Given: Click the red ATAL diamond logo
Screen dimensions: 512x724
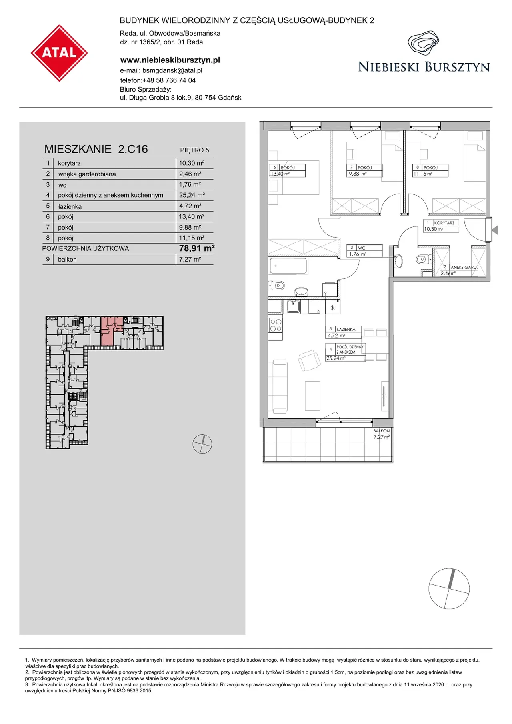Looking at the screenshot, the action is click(x=59, y=53).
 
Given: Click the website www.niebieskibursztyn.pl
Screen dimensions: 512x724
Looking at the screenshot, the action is click(x=170, y=60).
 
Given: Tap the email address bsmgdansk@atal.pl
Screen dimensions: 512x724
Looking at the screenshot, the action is click(x=172, y=70).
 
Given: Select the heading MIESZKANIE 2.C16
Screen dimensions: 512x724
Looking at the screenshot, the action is click(x=96, y=149).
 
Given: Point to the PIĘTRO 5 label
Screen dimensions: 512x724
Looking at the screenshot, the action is click(x=194, y=150).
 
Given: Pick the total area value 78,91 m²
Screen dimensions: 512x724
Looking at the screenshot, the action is click(x=197, y=248).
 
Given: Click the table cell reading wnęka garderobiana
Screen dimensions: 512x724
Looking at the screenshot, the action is click(x=87, y=174).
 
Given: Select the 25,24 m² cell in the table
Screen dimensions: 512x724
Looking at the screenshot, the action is click(x=192, y=195).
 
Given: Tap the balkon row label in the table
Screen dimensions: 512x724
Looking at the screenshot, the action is click(x=67, y=259).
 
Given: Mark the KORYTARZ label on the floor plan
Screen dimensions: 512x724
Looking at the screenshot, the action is click(x=444, y=223).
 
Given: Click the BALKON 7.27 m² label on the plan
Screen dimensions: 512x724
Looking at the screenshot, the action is click(x=382, y=434).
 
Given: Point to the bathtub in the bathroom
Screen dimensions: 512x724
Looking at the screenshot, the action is click(x=288, y=266).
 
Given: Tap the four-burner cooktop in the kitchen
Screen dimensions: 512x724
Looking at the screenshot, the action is click(x=276, y=325).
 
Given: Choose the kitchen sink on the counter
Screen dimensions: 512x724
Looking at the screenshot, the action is click(x=293, y=306).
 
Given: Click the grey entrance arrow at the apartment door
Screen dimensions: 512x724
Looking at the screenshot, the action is click(x=495, y=230).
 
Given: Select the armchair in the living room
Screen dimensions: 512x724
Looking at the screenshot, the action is click(x=309, y=360).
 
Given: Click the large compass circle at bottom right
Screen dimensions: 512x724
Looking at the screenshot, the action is click(x=449, y=588).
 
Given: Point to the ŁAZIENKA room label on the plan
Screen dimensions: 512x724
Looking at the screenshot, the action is click(x=346, y=330).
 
